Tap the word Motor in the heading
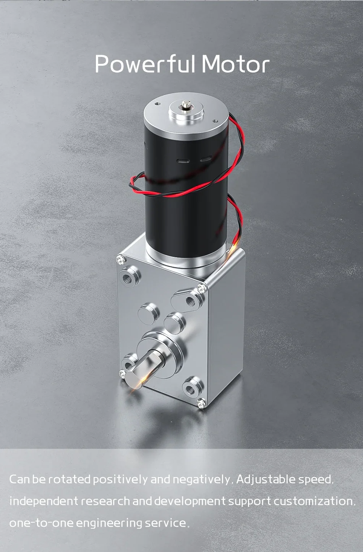coord(235,64)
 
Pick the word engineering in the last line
coord(109,523)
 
